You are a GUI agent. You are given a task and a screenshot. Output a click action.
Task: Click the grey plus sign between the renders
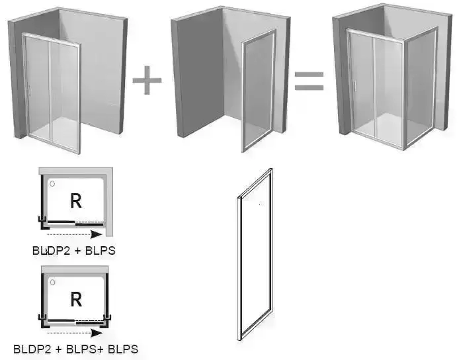(x=147, y=81)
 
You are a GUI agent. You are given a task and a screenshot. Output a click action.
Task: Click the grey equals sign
(x=309, y=81)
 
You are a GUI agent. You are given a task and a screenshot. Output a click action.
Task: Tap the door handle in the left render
(x=29, y=91)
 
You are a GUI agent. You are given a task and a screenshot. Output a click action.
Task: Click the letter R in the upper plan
(x=76, y=201)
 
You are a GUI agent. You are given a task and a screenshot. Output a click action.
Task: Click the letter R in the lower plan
(x=76, y=300)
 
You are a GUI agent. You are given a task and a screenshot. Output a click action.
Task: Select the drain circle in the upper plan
(x=52, y=184)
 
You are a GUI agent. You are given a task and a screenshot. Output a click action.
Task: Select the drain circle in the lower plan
(x=52, y=282)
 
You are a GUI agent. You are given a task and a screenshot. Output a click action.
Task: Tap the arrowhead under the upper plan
(x=97, y=234)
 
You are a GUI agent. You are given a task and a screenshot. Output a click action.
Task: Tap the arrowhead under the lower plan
(x=97, y=333)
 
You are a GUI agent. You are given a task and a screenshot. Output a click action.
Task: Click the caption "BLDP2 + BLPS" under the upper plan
(x=74, y=251)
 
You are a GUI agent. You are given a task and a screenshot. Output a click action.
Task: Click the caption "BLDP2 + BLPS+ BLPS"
(x=75, y=349)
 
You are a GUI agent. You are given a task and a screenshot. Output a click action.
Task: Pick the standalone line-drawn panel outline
(x=239, y=267)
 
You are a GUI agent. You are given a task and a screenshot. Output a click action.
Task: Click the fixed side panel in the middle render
(x=259, y=91)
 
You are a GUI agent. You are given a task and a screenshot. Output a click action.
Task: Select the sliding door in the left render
(x=51, y=93)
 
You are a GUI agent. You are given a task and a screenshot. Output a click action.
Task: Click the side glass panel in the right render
(x=421, y=87)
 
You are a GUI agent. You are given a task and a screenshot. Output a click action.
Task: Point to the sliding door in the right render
(x=375, y=87)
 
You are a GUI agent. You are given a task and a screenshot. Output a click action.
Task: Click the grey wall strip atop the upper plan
(x=75, y=171)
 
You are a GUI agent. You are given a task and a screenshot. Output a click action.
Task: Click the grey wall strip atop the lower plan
(x=75, y=269)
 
